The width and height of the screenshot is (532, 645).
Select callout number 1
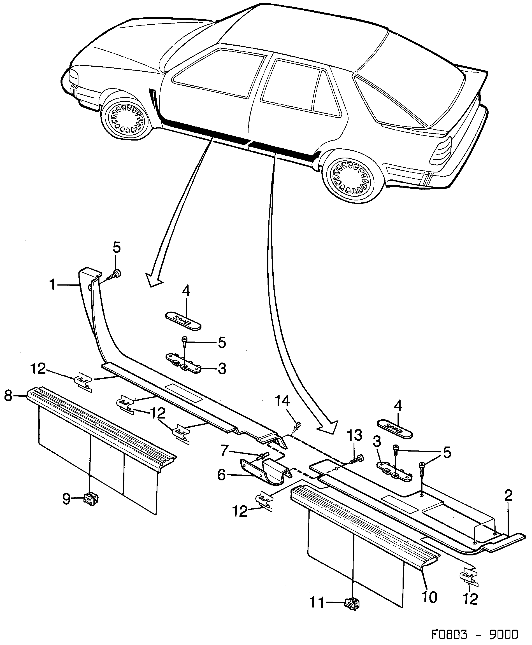pos(53,285)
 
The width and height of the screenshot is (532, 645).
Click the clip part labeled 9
pos(91,500)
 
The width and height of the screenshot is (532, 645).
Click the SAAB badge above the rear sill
pos(394,429)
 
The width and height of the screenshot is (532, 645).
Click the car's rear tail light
pos(441,150)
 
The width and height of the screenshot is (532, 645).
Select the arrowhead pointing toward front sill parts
pos(155,280)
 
